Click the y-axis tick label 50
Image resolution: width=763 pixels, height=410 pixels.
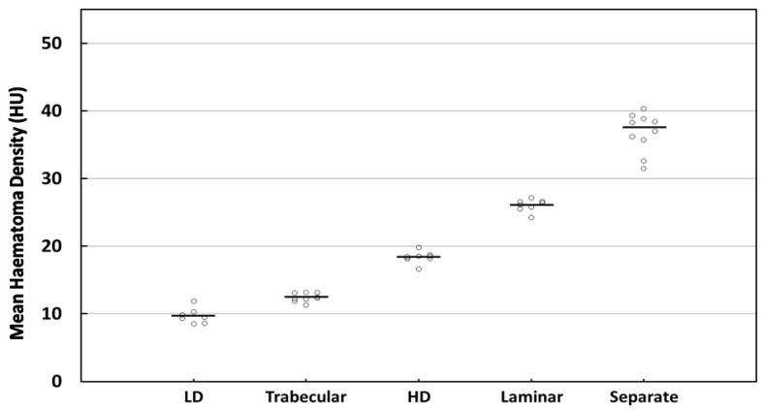point(61,44)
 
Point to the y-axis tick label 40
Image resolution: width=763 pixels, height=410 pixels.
point(61,111)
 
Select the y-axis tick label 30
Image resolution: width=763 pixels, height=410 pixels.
point(61,178)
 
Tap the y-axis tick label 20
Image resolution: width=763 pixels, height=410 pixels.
point(61,246)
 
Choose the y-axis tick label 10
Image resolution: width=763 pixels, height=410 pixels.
point(61,314)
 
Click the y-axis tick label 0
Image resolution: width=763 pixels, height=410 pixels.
point(66,381)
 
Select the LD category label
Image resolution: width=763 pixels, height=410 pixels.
point(193,397)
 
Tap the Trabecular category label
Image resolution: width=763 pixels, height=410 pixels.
point(305,397)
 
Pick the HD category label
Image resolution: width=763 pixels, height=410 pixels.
point(418,397)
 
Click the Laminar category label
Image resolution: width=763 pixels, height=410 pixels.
point(530,397)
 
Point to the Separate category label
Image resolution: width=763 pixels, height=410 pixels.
point(643,397)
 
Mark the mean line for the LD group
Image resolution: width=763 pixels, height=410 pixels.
point(193,316)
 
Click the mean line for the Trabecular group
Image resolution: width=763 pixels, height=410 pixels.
point(305,297)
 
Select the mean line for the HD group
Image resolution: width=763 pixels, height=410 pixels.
point(418,257)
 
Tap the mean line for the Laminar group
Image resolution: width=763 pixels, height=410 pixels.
point(530,205)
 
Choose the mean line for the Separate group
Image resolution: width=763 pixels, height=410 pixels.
point(644,127)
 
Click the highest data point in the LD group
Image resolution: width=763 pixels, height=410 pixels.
point(194,301)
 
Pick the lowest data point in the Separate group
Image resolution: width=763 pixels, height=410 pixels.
point(643,169)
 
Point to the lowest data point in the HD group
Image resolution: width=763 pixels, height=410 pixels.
point(419,268)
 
